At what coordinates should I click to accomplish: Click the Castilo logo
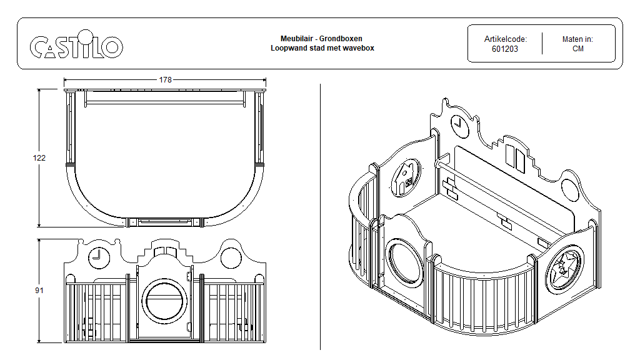pyautogui.click(x=76, y=46)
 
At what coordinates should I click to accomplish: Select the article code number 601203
pyautogui.click(x=505, y=49)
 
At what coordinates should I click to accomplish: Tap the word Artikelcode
pyautogui.click(x=505, y=39)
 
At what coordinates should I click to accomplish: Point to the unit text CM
pyautogui.click(x=577, y=49)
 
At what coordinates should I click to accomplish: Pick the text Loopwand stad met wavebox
pyautogui.click(x=322, y=48)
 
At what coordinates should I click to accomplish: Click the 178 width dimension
pyautogui.click(x=165, y=80)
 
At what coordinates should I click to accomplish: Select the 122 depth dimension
pyautogui.click(x=39, y=158)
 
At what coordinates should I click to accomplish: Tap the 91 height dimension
pyautogui.click(x=39, y=291)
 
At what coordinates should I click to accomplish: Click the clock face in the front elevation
pyautogui.click(x=99, y=257)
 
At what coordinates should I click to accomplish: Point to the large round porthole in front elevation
pyautogui.click(x=166, y=301)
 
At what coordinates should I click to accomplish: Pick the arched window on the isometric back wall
pyautogui.click(x=516, y=156)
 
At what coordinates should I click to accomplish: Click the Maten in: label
pyautogui.click(x=577, y=39)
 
